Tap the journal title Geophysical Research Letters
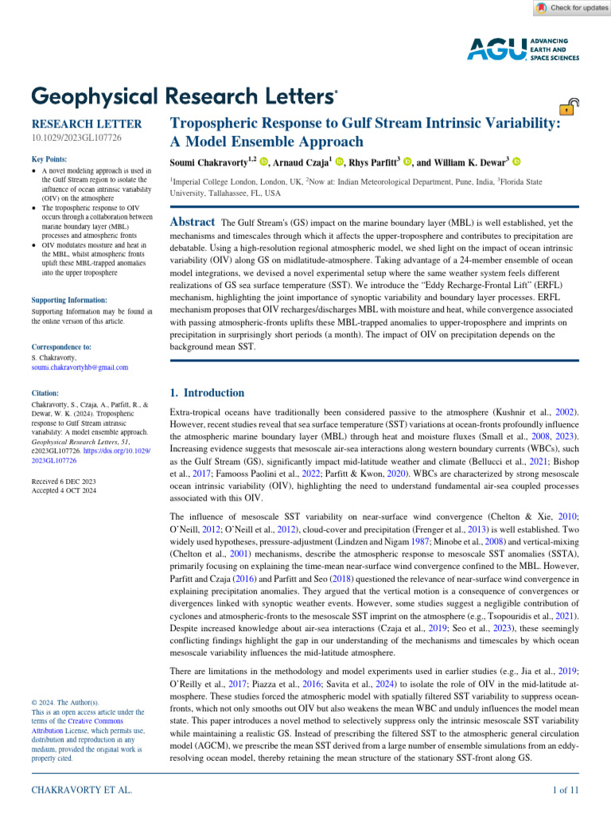tap(183, 96)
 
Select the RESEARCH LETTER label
tap(86, 124)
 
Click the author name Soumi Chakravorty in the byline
tap(212, 163)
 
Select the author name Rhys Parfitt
tap(373, 163)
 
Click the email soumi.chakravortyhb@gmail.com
tap(80, 368)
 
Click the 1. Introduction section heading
tap(208, 393)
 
